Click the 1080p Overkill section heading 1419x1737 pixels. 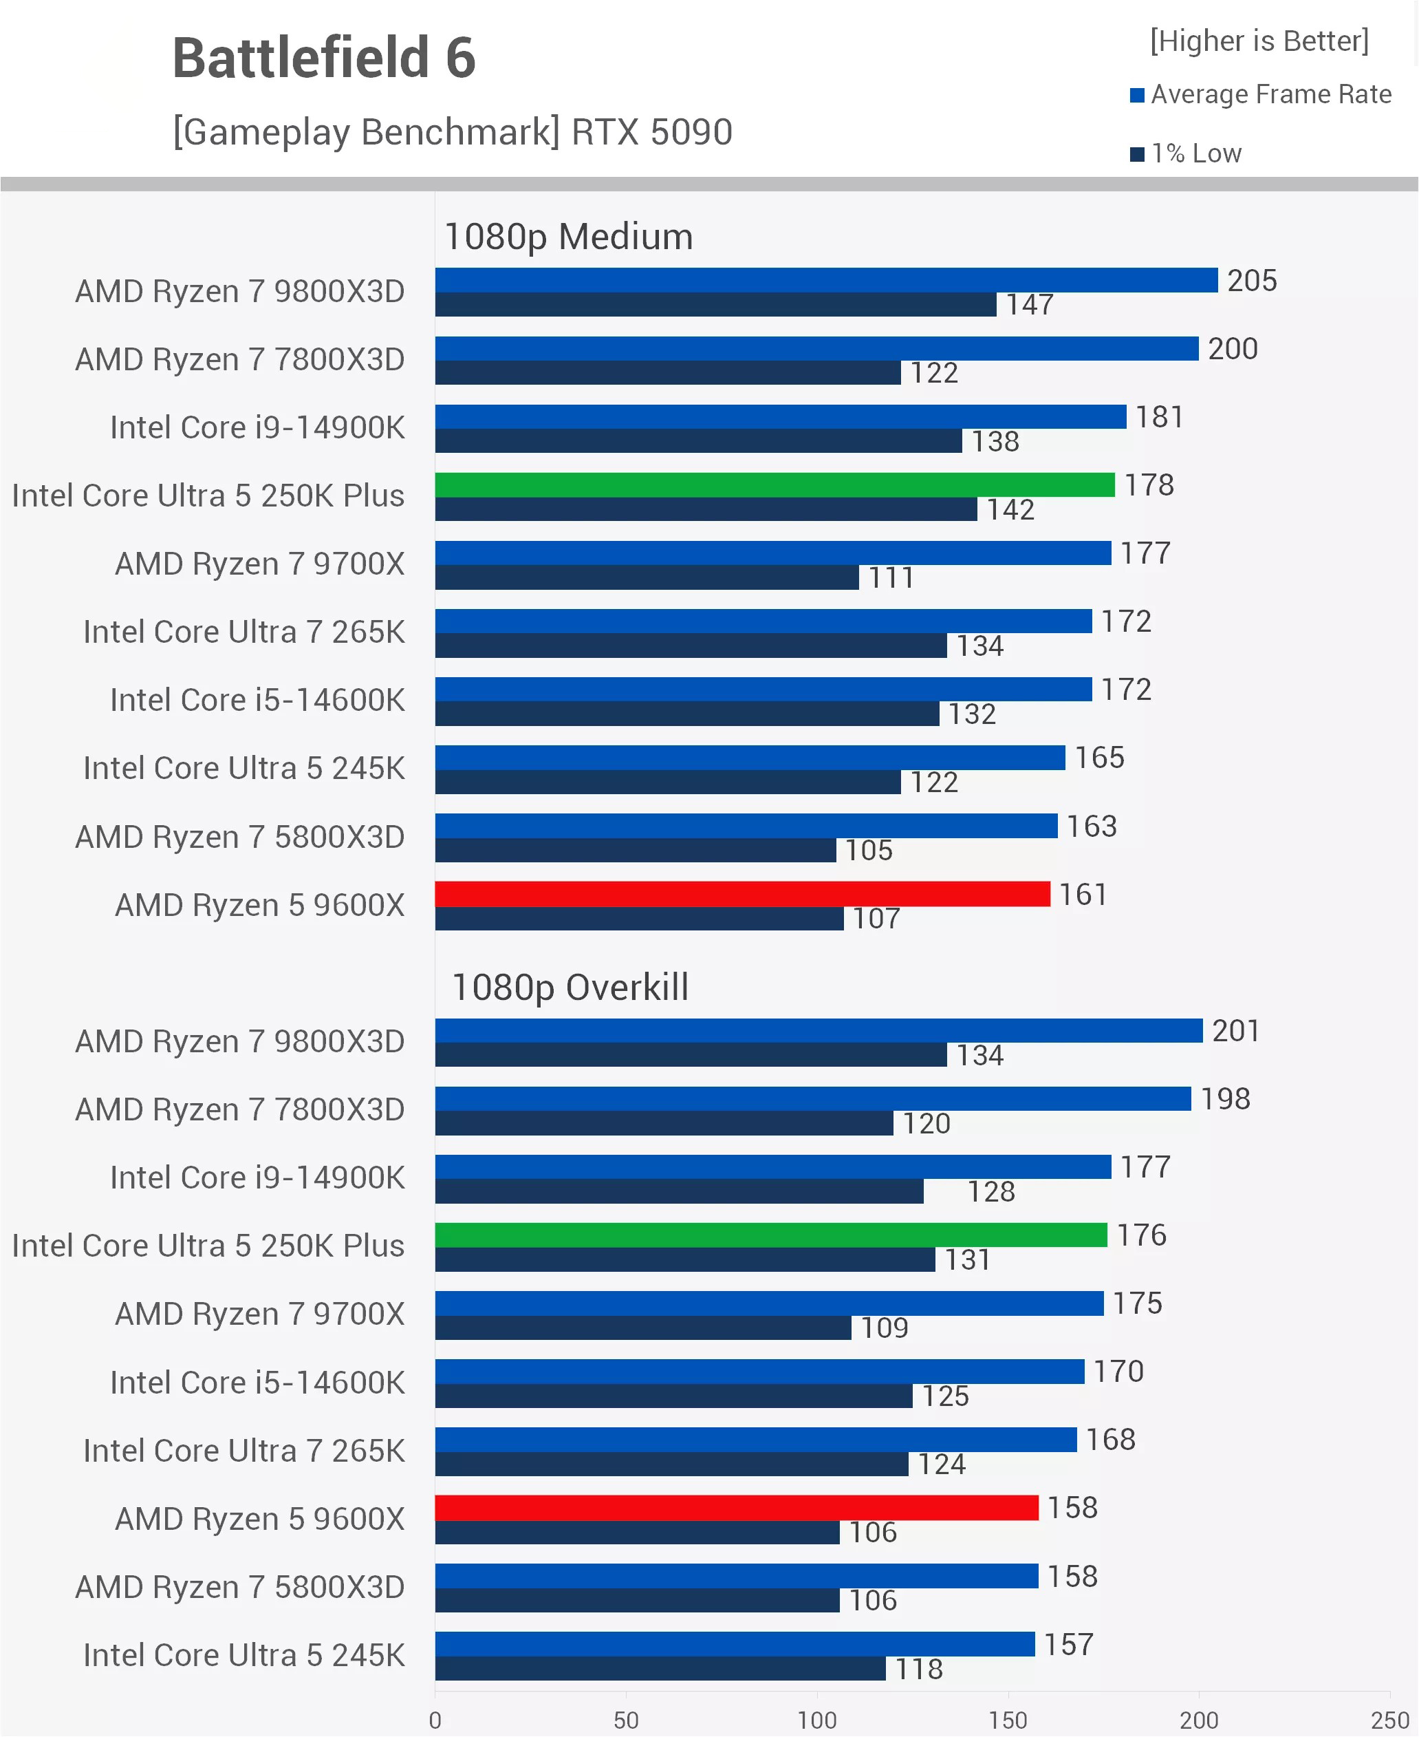click(570, 986)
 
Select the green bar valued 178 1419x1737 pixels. click(774, 485)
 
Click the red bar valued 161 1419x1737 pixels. click(741, 894)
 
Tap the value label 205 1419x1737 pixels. click(1251, 281)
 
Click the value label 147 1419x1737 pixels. click(1029, 305)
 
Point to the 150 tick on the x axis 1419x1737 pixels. click(1007, 1719)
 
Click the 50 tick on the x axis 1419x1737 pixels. click(625, 1719)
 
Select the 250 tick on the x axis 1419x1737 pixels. click(1389, 1719)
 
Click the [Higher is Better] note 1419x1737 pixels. click(1259, 41)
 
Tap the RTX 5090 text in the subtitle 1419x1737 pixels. click(651, 131)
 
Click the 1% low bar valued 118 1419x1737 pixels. click(660, 1668)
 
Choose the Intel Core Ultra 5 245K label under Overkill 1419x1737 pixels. click(243, 1654)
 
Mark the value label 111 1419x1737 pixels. click(891, 578)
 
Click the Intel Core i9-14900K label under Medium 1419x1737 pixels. click(257, 427)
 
